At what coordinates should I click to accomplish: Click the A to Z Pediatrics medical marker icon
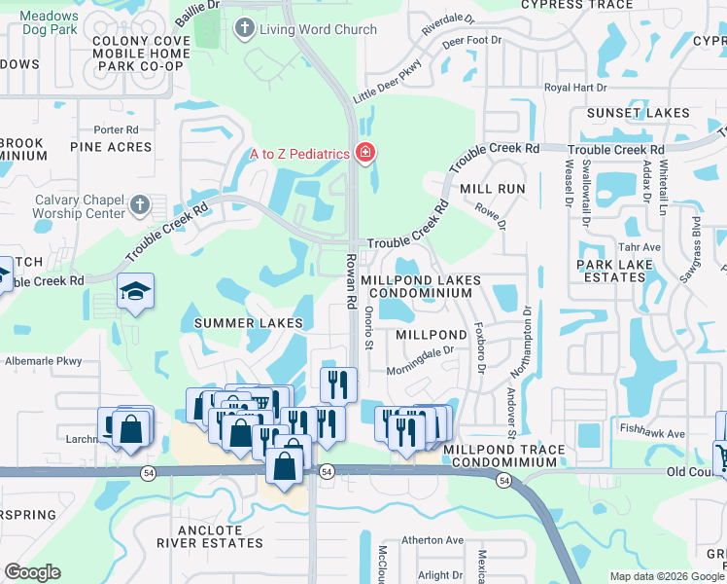[x=365, y=153]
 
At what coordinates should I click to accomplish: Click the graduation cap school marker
[x=135, y=289]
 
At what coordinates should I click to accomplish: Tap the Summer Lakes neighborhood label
[x=248, y=322]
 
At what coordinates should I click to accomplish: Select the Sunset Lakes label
[x=638, y=113]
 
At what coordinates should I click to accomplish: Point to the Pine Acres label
[x=111, y=147]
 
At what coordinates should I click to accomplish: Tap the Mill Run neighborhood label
[x=492, y=188]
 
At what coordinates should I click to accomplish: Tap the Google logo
[x=32, y=572]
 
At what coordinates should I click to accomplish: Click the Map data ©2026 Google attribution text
[x=667, y=576]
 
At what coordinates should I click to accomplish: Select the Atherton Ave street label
[x=432, y=540]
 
